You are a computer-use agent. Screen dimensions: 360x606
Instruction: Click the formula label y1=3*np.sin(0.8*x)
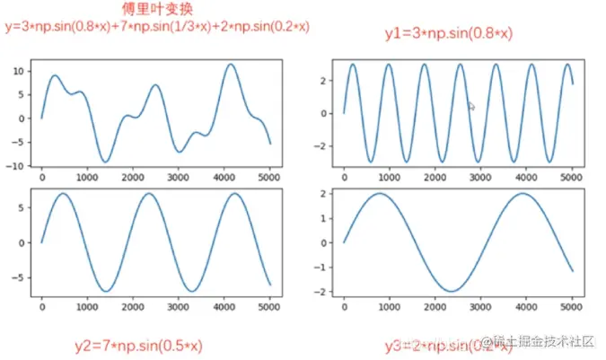[x=448, y=34]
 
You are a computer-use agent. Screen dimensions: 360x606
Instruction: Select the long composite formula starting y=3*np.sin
[x=157, y=27]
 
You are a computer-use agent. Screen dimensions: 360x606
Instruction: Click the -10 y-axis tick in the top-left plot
[x=16, y=166]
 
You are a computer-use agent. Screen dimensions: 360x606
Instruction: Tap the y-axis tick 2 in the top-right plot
[x=330, y=81]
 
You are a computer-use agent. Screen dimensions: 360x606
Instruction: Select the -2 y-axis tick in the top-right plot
[x=328, y=145]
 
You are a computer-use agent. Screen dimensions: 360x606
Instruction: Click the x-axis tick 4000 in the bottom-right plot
[x=526, y=307]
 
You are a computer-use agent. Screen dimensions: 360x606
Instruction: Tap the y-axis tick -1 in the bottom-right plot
[x=328, y=268]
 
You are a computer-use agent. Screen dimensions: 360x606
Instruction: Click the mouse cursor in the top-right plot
[x=471, y=106]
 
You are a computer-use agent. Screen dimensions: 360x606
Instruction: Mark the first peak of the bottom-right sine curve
[x=380, y=193]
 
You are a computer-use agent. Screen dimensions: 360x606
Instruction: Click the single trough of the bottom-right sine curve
[x=452, y=291]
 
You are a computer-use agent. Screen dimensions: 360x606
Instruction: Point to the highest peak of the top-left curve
[x=231, y=64]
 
